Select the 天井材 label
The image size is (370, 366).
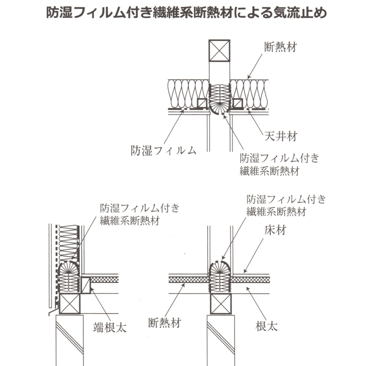click(280, 137)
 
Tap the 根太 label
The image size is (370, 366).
click(266, 326)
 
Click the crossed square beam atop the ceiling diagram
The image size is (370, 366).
click(219, 51)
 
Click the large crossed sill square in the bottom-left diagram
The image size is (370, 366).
click(69, 304)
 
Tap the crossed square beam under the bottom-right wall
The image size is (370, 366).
click(220, 304)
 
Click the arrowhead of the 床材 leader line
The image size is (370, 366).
click(244, 271)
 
